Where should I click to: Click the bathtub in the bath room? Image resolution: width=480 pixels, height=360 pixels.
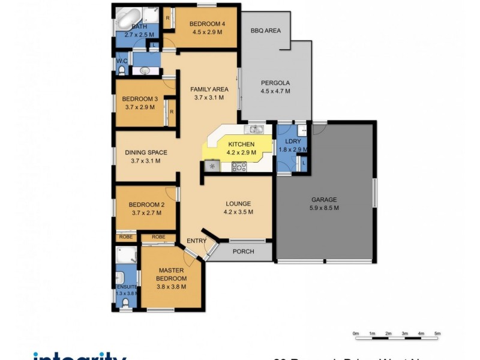point(127,18)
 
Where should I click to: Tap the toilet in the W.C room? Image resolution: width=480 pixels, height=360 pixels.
point(122,71)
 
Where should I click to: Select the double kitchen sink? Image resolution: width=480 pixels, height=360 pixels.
point(257,128)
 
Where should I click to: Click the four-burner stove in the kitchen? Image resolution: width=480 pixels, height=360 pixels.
point(238,167)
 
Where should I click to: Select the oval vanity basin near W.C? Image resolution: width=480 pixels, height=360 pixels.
point(145,71)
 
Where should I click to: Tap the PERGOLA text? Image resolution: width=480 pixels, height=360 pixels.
point(275,83)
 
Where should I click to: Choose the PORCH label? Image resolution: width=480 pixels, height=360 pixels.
point(243,251)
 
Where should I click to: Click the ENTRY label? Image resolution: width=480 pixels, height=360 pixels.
point(196,241)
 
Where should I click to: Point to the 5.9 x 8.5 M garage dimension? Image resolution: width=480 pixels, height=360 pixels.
point(324,208)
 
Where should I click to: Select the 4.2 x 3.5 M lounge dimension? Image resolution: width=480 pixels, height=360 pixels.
point(238,212)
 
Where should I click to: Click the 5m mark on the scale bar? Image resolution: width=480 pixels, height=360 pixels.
point(437,333)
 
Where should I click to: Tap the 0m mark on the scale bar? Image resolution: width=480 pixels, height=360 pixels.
point(356,333)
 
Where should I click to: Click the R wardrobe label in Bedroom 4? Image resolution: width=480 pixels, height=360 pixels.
point(168,17)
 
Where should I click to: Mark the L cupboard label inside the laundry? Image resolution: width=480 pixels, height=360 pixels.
point(304,163)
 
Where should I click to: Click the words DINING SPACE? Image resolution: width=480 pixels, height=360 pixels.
point(146,152)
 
